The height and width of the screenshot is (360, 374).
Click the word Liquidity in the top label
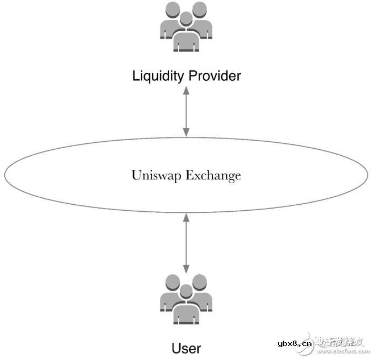[x=157, y=76]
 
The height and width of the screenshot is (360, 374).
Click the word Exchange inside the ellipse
[x=215, y=175]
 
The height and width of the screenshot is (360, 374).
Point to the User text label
[x=186, y=348]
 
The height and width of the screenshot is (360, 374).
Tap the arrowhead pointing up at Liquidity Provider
[x=186, y=91]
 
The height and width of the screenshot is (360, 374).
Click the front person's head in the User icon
[x=186, y=292]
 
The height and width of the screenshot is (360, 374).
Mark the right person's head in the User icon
[x=200, y=282]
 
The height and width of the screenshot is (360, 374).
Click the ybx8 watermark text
[x=293, y=343]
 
